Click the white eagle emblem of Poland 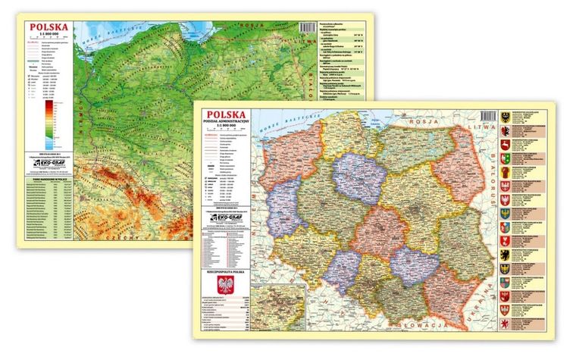222,286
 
